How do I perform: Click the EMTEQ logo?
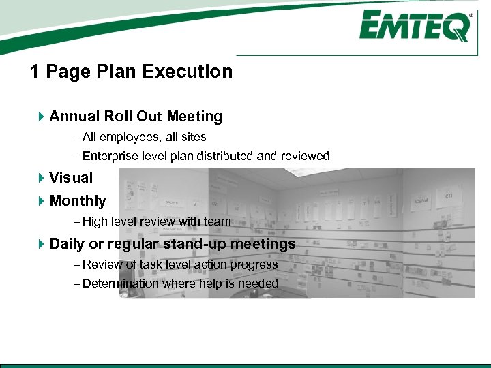415,27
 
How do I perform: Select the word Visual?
71,178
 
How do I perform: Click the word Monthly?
78,201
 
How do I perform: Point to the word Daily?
67,244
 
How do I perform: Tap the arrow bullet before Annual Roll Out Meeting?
41,117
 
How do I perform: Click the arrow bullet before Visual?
41,178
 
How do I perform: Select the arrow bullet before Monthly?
41,201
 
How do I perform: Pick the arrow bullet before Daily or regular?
41,244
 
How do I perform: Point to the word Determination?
121,283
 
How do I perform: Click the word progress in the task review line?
257,264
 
